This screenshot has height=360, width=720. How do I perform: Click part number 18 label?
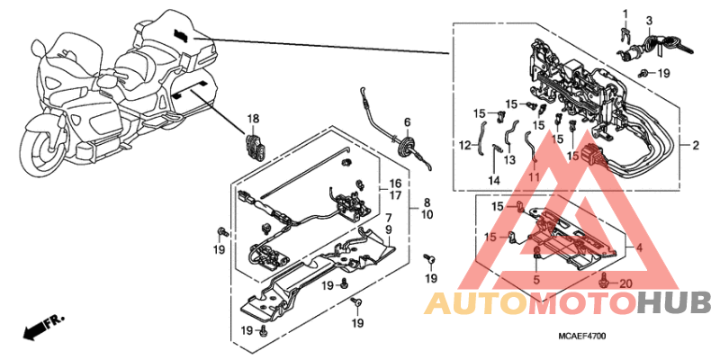pos(254,119)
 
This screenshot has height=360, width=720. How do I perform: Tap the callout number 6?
pos(407,122)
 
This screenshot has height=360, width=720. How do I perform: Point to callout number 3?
pos(649,21)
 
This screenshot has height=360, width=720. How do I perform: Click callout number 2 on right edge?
pos(696,146)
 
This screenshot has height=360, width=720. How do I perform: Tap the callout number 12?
pos(464,145)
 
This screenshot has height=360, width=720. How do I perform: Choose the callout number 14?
pos(494,180)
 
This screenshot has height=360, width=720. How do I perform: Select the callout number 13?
pos(508,160)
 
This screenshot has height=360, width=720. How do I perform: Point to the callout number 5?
pos(535,280)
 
